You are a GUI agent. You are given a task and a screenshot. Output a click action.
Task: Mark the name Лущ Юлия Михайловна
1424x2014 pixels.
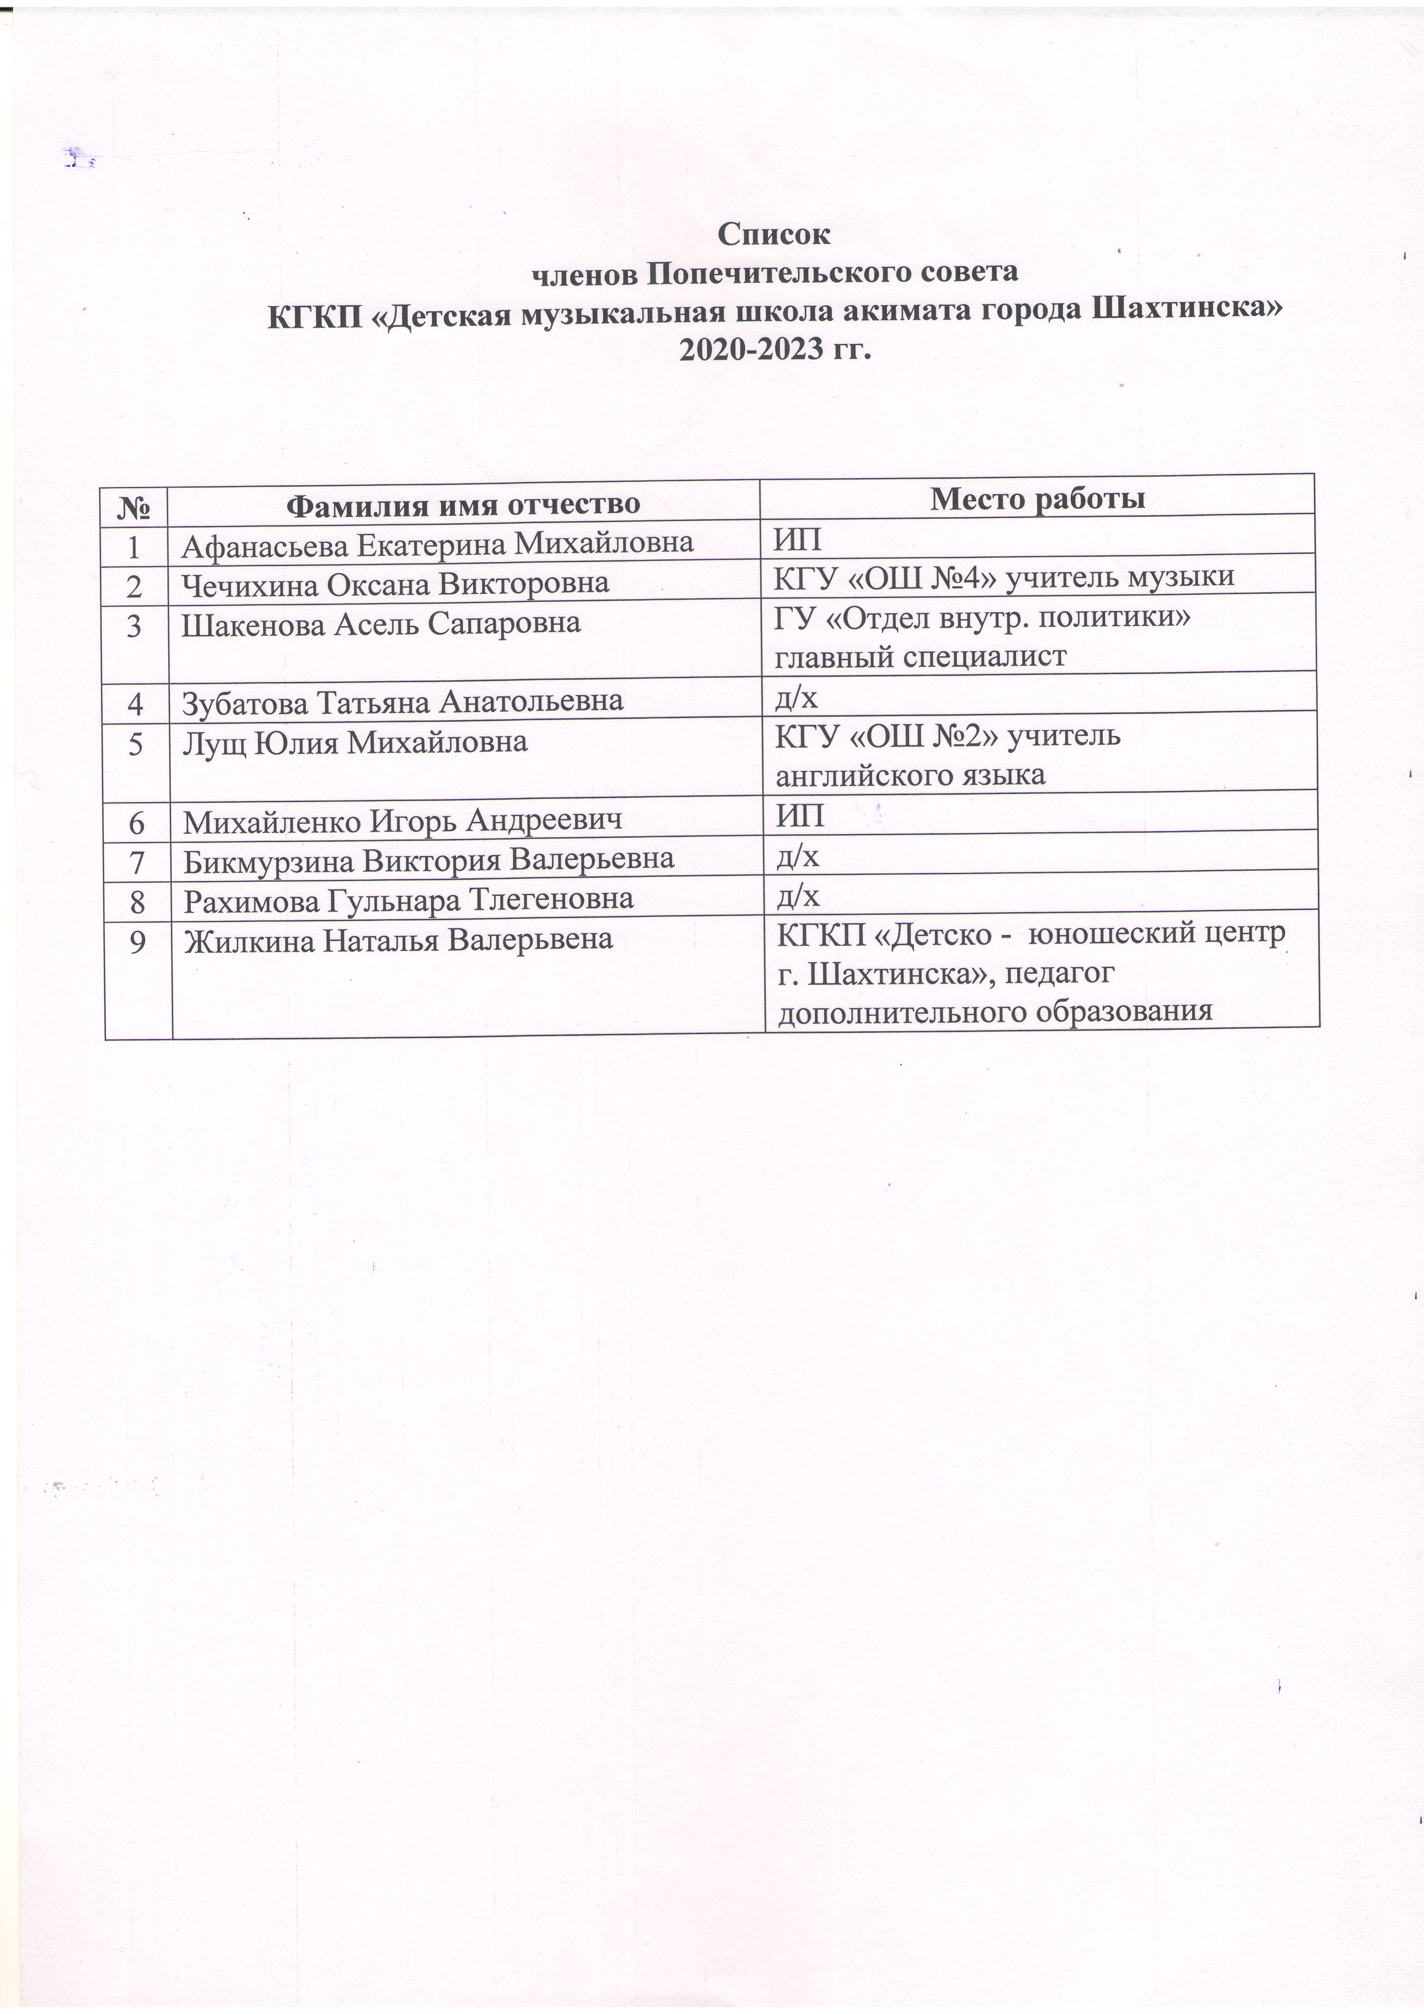tap(355, 742)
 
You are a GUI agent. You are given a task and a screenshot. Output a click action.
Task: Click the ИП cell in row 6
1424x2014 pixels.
tap(799, 817)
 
